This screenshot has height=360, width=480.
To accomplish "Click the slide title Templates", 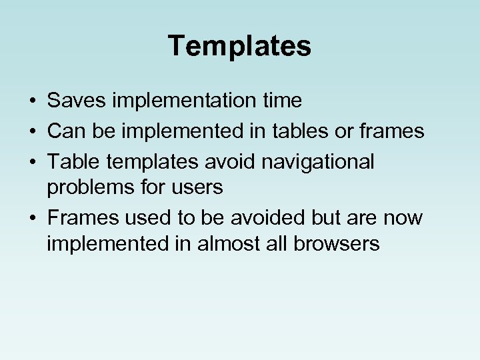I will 239,47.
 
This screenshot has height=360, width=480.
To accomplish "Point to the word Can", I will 63,131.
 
